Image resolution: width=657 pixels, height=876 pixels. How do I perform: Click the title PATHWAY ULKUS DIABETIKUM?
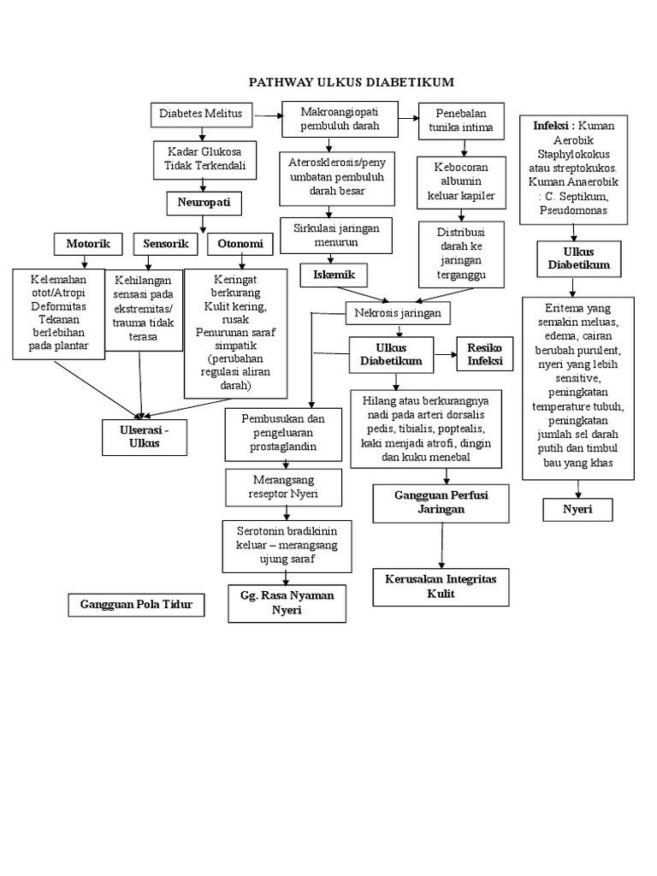[x=351, y=82]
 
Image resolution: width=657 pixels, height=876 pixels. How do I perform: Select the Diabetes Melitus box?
[x=201, y=114]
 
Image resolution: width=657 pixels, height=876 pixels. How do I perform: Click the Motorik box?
[x=88, y=244]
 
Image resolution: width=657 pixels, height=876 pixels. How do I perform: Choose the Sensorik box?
[x=166, y=244]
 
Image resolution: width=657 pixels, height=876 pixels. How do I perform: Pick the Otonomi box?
[x=240, y=244]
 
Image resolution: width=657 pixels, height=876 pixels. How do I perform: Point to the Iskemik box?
[x=334, y=275]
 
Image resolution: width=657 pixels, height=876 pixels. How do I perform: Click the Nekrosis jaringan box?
[x=397, y=313]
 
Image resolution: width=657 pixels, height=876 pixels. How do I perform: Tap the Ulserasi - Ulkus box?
[x=144, y=436]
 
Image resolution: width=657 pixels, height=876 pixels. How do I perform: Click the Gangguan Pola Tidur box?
[x=137, y=606]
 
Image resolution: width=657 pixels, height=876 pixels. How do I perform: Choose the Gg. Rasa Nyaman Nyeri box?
[x=287, y=603]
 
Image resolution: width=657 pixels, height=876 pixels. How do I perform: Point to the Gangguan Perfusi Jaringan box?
[x=441, y=502]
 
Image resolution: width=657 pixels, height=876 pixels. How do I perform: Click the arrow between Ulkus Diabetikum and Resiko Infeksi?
[x=445, y=353]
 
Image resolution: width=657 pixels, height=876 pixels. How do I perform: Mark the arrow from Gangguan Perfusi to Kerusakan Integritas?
[x=442, y=544]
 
